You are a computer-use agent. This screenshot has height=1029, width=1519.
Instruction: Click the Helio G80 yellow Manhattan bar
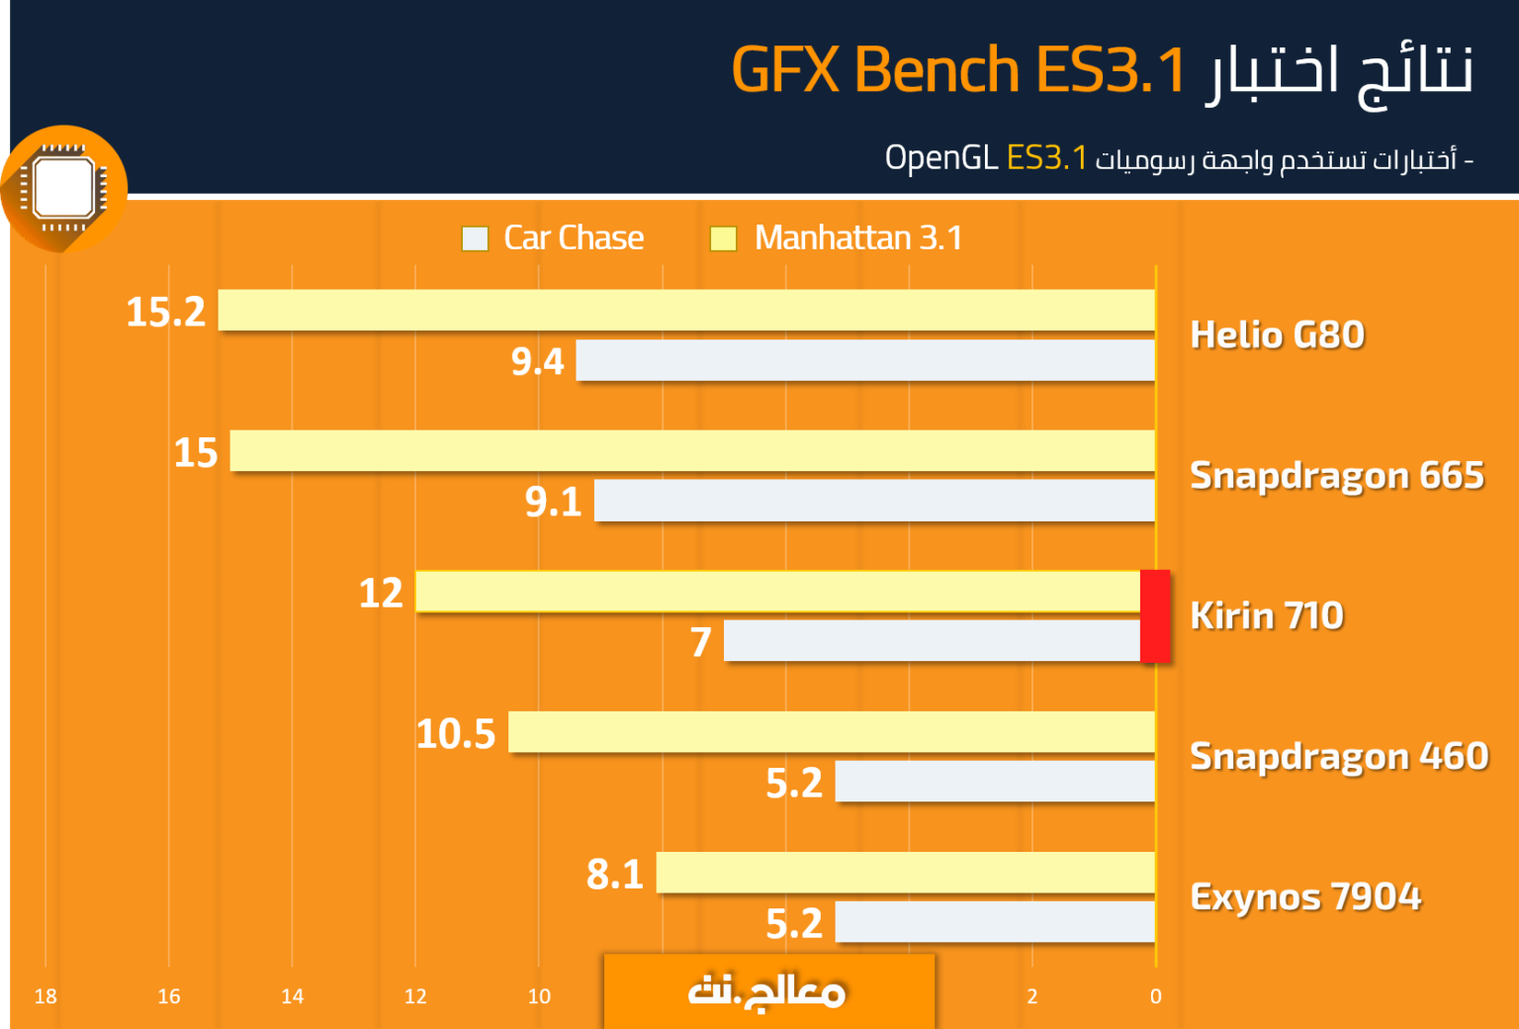pyautogui.click(x=686, y=310)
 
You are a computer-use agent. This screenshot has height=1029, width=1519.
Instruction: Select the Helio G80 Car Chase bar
pyautogui.click(x=865, y=360)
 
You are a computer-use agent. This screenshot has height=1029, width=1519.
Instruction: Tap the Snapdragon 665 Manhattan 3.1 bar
pyautogui.click(x=692, y=450)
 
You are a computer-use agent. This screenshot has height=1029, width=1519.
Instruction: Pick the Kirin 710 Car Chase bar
pyautogui.click(x=933, y=640)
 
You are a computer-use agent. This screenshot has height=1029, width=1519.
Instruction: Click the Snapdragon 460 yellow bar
pyautogui.click(x=832, y=732)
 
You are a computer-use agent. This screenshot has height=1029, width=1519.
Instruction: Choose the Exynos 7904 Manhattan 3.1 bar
pyautogui.click(x=905, y=873)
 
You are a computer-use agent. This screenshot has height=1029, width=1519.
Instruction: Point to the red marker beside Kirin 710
pyautogui.click(x=1155, y=615)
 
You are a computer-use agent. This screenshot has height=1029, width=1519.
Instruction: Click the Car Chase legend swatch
pyautogui.click(x=475, y=238)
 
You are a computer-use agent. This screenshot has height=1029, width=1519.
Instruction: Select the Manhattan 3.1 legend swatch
pyautogui.click(x=723, y=238)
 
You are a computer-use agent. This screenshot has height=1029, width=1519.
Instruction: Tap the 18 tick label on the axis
pyautogui.click(x=45, y=996)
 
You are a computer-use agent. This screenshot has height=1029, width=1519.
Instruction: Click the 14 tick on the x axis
pyautogui.click(x=293, y=996)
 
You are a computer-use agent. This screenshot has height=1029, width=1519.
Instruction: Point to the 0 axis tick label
pyautogui.click(x=1155, y=996)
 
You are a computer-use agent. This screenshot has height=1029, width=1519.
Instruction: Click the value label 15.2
pyautogui.click(x=165, y=312)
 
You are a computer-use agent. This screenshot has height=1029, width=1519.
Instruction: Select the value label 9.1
pyautogui.click(x=554, y=502)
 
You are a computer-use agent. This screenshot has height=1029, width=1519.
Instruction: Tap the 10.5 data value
pyautogui.click(x=456, y=734)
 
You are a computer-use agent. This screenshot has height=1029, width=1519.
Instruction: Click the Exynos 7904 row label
pyautogui.click(x=1305, y=896)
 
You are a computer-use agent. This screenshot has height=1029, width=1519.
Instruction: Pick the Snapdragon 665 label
pyautogui.click(x=1337, y=475)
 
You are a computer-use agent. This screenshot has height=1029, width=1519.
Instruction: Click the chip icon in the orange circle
pyautogui.click(x=63, y=188)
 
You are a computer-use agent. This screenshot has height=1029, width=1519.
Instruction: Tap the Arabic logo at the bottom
pyautogui.click(x=767, y=992)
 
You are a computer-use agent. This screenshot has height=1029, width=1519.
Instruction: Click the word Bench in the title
pyautogui.click(x=936, y=69)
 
